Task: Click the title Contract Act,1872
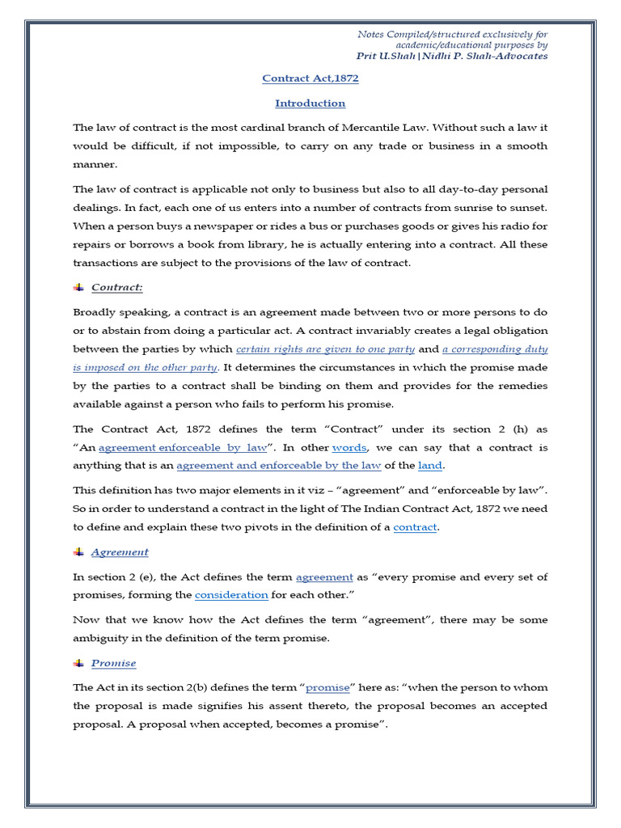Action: pyautogui.click(x=310, y=78)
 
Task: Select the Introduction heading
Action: pyautogui.click(x=310, y=103)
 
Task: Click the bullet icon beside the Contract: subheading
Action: pyautogui.click(x=78, y=287)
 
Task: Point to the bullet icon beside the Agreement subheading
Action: pyautogui.click(x=78, y=552)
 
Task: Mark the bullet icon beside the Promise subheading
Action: pyautogui.click(x=78, y=663)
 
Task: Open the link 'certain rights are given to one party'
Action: pyautogui.click(x=325, y=349)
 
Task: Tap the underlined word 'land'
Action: pyautogui.click(x=430, y=466)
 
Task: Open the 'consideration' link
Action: pyautogui.click(x=231, y=595)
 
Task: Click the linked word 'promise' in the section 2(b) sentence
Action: pyautogui.click(x=327, y=687)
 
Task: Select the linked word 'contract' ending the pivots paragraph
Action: pyautogui.click(x=415, y=527)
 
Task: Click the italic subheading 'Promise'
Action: pyautogui.click(x=113, y=663)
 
